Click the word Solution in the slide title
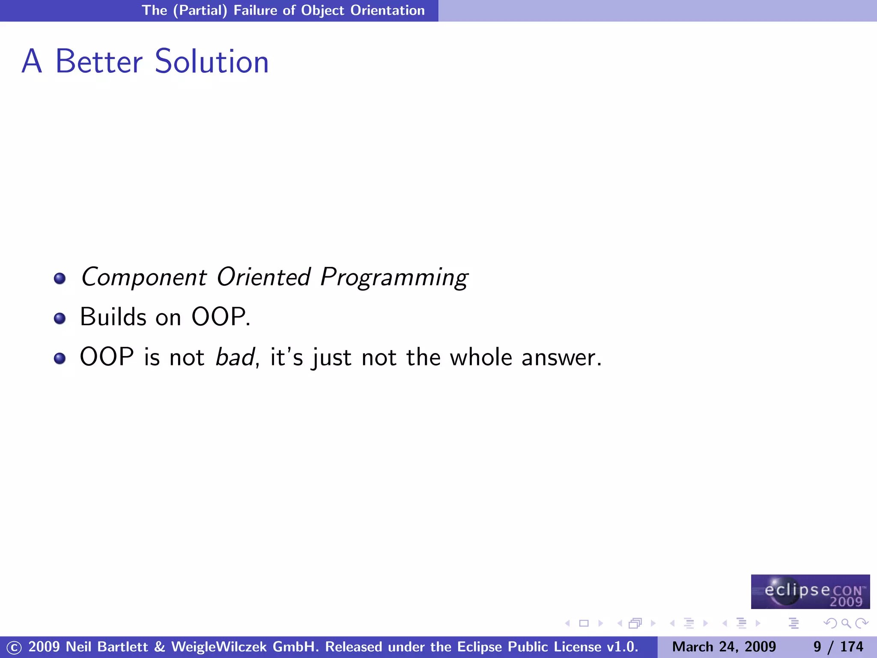click(212, 62)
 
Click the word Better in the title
click(99, 62)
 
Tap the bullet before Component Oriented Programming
click(60, 278)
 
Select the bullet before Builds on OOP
click(60, 318)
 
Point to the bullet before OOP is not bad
click(60, 358)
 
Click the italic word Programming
click(394, 278)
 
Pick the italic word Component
click(144, 278)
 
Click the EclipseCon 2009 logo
click(810, 592)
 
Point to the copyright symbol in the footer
click(14, 647)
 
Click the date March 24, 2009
click(724, 646)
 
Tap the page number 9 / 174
click(838, 646)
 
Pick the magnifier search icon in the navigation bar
click(846, 623)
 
